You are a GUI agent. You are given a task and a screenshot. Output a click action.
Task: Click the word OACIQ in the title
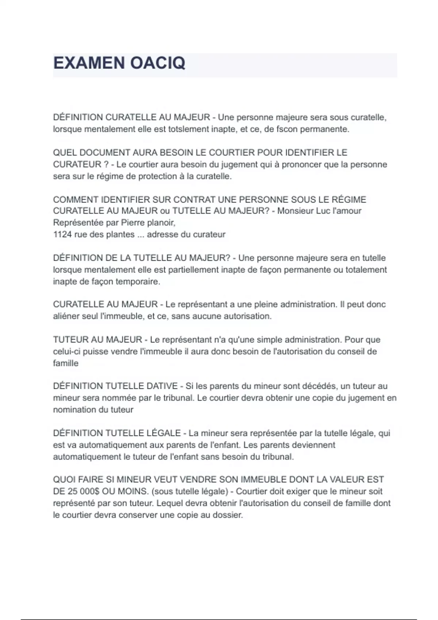(158, 63)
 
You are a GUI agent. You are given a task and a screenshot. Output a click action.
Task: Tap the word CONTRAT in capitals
(194, 199)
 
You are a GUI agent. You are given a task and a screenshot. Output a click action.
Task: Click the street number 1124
(62, 235)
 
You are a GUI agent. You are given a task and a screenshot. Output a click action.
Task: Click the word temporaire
(140, 282)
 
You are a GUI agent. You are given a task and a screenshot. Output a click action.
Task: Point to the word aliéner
(66, 316)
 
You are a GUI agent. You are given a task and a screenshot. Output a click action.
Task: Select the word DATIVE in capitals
(162, 386)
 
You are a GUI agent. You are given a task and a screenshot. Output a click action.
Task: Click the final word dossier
(228, 515)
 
